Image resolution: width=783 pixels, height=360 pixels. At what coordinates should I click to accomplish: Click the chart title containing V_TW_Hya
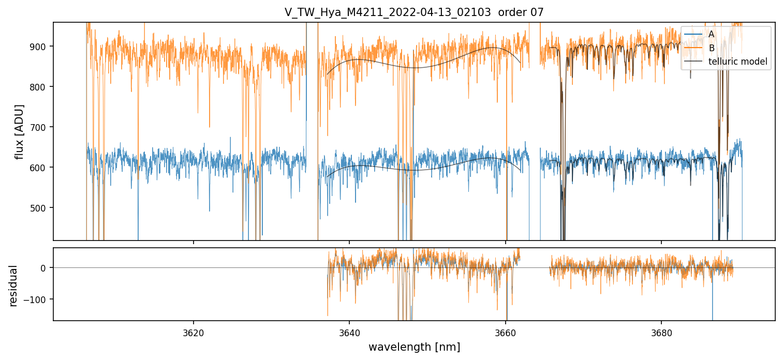tap(413, 12)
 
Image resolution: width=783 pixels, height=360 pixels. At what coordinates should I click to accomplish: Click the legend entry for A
tap(711, 34)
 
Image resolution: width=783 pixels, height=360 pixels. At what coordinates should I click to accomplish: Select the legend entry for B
tap(711, 48)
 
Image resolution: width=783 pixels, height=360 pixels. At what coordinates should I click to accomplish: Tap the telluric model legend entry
tap(737, 62)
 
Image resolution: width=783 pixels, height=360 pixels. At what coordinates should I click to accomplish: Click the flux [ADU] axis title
tap(20, 131)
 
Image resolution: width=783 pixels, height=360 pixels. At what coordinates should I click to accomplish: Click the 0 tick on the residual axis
tap(44, 268)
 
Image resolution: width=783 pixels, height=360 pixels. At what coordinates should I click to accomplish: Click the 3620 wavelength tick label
tap(194, 332)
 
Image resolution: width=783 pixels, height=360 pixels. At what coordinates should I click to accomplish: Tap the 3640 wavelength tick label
tap(349, 332)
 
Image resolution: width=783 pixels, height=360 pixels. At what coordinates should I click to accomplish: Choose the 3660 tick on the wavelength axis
tap(506, 332)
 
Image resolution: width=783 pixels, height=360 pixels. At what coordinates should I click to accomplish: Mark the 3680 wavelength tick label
tap(661, 332)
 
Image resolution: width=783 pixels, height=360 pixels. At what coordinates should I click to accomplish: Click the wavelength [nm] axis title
tap(414, 347)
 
